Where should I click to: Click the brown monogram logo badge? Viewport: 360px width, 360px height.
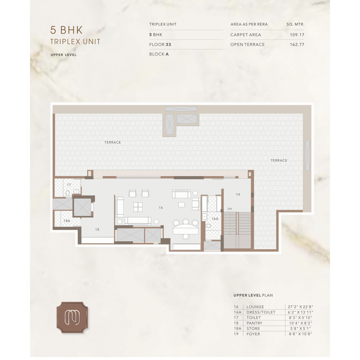pos(72,317)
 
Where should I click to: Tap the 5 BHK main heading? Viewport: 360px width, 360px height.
pos(66,30)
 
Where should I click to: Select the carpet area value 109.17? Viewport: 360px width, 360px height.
pos(297,35)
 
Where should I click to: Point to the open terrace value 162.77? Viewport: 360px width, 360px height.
pos(297,45)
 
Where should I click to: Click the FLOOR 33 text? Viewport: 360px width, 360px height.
pos(160,45)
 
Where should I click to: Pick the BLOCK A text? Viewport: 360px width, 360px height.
pos(159,54)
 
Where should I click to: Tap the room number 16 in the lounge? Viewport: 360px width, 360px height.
pos(161,207)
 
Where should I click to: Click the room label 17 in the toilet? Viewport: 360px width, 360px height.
pos(69,185)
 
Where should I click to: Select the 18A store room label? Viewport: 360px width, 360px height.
pos(67,221)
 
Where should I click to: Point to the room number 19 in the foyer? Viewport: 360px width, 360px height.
pos(238,194)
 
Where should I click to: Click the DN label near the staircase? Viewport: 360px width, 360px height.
pos(230,209)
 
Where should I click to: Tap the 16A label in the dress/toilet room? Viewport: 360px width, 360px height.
pos(215,219)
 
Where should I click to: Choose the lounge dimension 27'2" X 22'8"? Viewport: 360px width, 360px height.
pos(300,307)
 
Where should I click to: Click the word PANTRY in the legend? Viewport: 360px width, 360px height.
pos(254,323)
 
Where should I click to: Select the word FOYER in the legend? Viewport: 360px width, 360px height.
pos(253,334)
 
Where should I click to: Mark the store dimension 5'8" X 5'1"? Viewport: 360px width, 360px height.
pos(300,329)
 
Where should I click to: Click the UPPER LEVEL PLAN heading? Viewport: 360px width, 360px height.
pos(253,295)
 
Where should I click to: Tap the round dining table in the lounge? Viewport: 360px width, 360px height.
pos(186,229)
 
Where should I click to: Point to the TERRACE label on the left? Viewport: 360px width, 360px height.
pos(112,142)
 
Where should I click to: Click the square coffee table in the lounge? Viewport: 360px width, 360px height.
pos(138,207)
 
